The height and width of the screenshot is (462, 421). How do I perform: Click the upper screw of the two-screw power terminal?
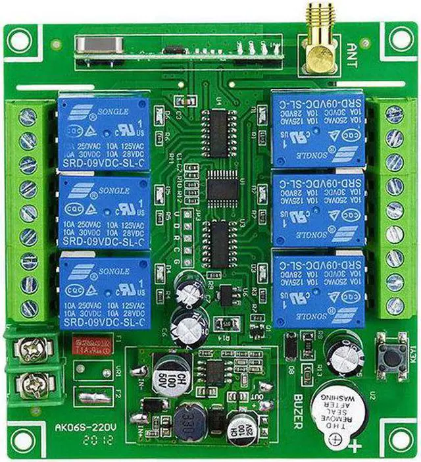point(32,349)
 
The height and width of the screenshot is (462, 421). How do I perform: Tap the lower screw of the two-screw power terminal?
point(32,382)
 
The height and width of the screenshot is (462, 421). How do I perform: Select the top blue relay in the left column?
point(103,131)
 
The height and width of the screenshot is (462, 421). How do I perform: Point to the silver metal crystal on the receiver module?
point(101,45)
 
